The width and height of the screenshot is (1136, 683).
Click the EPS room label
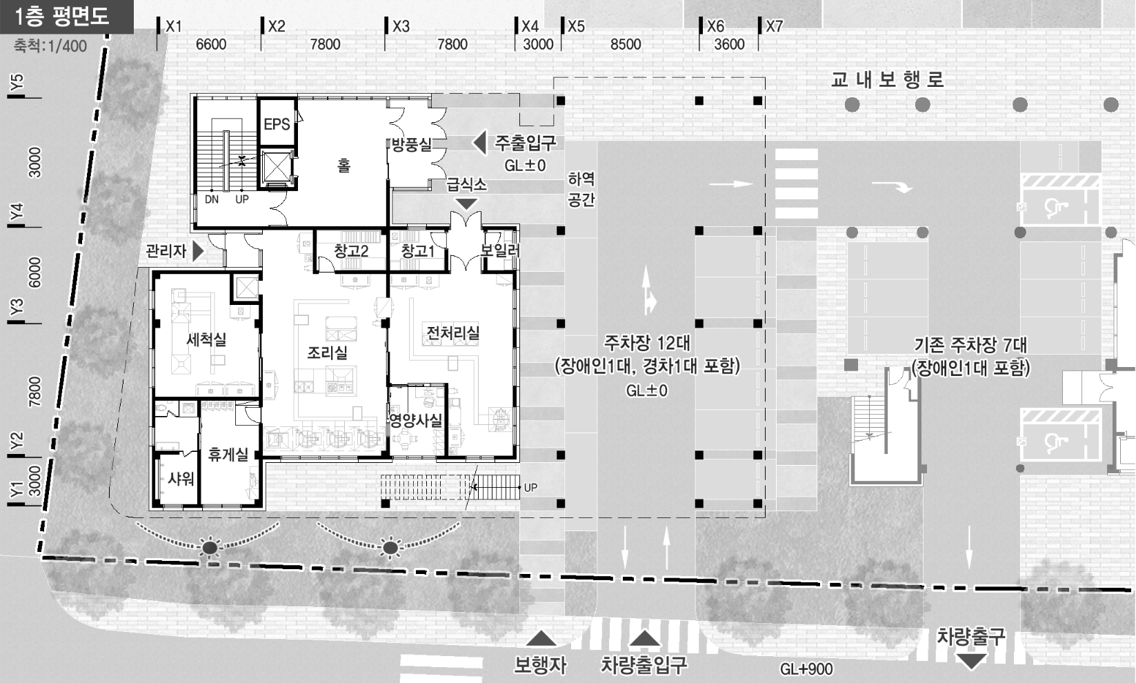click(277, 124)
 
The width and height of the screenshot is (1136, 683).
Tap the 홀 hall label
click(344, 166)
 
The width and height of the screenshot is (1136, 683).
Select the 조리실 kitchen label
click(328, 353)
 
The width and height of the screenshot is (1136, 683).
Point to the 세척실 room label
click(206, 339)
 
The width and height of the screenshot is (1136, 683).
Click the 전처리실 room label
click(453, 333)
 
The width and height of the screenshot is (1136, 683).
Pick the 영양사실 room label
click(416, 420)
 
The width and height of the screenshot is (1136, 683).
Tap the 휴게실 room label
click(228, 454)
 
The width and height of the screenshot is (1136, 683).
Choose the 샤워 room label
click(181, 479)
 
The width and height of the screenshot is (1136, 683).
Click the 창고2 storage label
click(351, 250)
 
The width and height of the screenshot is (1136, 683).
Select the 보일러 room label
click(501, 250)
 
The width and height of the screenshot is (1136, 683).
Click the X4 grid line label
click(530, 26)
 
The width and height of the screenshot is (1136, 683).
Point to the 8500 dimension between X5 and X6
click(626, 44)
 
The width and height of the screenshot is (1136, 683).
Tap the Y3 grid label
click(17, 307)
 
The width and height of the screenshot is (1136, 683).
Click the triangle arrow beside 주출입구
click(480, 143)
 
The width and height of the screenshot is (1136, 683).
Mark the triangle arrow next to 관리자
click(198, 251)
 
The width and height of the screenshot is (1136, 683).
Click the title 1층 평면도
click(62, 17)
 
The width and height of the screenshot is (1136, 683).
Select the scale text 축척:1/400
click(50, 46)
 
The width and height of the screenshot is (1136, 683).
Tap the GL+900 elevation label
click(806, 669)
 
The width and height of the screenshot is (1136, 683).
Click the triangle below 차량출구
click(971, 661)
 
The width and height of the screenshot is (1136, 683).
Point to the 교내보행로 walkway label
click(887, 79)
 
